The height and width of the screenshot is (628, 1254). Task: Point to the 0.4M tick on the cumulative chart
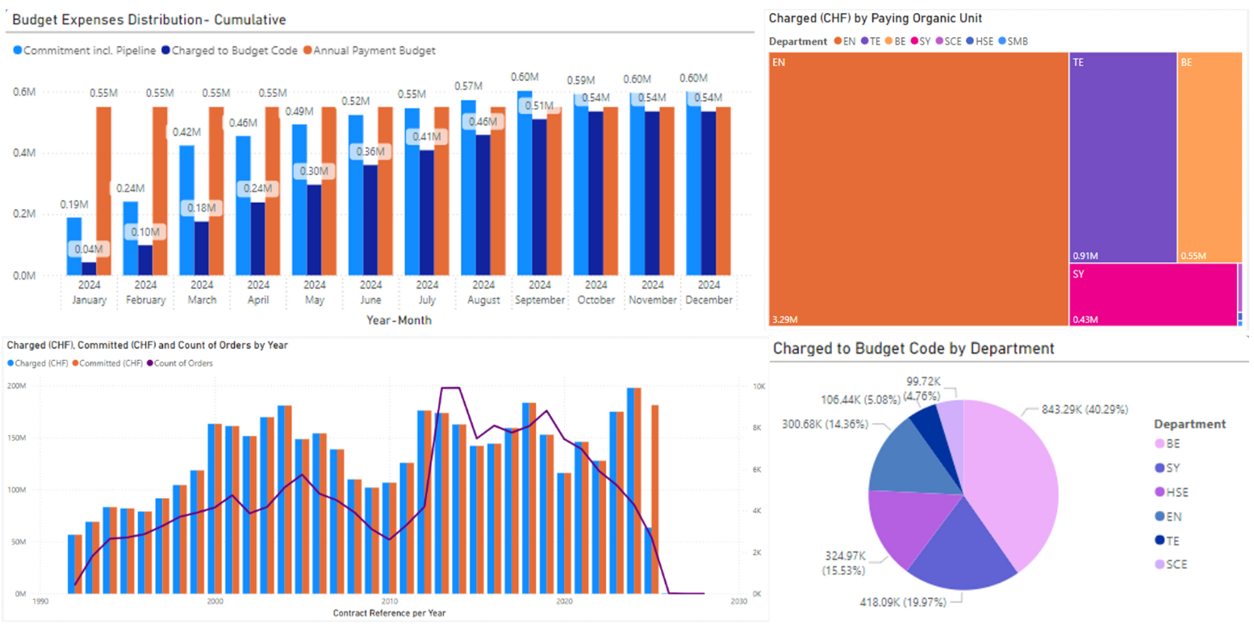(25, 153)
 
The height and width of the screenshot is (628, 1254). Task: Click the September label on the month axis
(540, 300)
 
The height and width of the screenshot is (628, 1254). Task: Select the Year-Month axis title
(399, 320)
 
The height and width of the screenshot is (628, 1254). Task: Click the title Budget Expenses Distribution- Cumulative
(149, 19)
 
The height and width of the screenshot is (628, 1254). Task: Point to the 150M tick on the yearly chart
(19, 438)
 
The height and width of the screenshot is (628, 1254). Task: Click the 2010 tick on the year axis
(390, 601)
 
